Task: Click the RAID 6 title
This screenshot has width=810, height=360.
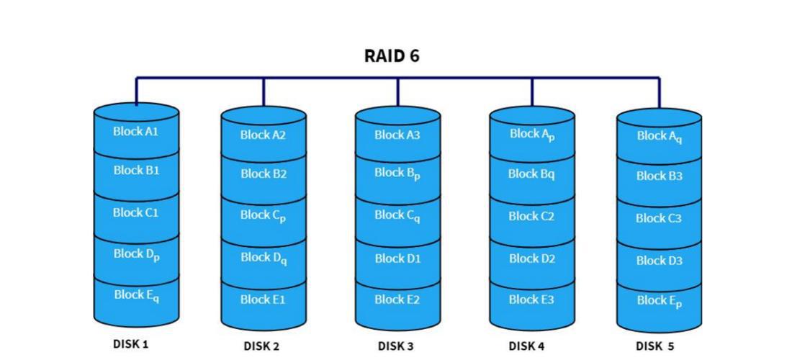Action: click(x=392, y=55)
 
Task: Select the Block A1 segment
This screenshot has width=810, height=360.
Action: click(x=135, y=132)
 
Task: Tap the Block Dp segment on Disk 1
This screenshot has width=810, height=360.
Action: click(x=135, y=254)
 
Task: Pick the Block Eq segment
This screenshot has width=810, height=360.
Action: click(x=135, y=295)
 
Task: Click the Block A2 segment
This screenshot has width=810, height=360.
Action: click(x=263, y=135)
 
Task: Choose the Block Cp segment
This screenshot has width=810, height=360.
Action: click(x=263, y=215)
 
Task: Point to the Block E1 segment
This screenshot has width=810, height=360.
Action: click(x=263, y=300)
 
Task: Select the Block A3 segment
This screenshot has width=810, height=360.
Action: click(x=397, y=135)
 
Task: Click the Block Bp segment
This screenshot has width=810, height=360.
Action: click(x=397, y=174)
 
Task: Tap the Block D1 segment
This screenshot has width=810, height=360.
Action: click(x=397, y=258)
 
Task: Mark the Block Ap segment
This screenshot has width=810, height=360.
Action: click(x=531, y=134)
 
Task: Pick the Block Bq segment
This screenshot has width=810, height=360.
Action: click(x=531, y=174)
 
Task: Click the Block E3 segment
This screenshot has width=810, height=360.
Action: click(x=531, y=300)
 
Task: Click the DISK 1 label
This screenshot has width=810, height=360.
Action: click(x=130, y=344)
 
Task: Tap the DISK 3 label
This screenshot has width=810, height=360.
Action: click(x=395, y=346)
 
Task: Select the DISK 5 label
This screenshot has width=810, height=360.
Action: click(x=654, y=346)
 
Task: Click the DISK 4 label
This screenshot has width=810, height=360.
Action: click(x=526, y=346)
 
